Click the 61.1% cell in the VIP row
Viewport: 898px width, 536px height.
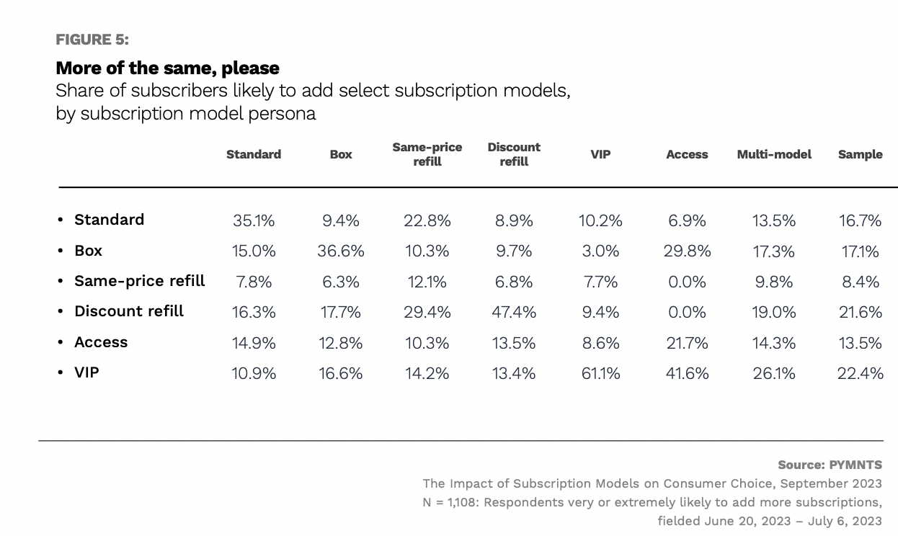pyautogui.click(x=600, y=373)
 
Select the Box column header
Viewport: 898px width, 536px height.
pyautogui.click(x=341, y=154)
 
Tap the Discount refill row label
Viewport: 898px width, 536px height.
pyautogui.click(x=129, y=311)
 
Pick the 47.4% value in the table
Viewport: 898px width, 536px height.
pyautogui.click(x=514, y=312)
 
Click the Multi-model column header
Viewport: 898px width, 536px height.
pyautogui.click(x=774, y=154)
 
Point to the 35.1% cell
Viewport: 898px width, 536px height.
pyautogui.click(x=254, y=220)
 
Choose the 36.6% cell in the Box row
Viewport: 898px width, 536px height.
pyautogui.click(x=341, y=251)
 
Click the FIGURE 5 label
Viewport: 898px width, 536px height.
pyautogui.click(x=92, y=40)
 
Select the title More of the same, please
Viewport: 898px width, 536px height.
pyautogui.click(x=167, y=68)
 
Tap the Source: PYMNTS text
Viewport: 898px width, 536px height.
pyautogui.click(x=830, y=465)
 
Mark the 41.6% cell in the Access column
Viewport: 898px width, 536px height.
pyautogui.click(x=687, y=373)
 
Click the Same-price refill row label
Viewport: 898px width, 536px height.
pyautogui.click(x=140, y=281)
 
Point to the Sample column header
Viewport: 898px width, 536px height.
pyautogui.click(x=860, y=154)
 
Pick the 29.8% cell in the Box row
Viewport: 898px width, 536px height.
pyautogui.click(x=687, y=251)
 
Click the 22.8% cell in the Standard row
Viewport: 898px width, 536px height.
pyautogui.click(x=427, y=220)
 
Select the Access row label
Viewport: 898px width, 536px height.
pyautogui.click(x=101, y=342)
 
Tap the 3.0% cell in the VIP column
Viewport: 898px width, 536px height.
pyautogui.click(x=600, y=251)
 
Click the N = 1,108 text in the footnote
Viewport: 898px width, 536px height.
pyautogui.click(x=450, y=502)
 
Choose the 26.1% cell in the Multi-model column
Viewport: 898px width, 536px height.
pyautogui.click(x=774, y=373)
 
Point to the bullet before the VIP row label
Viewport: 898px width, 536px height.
pyautogui.click(x=61, y=373)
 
